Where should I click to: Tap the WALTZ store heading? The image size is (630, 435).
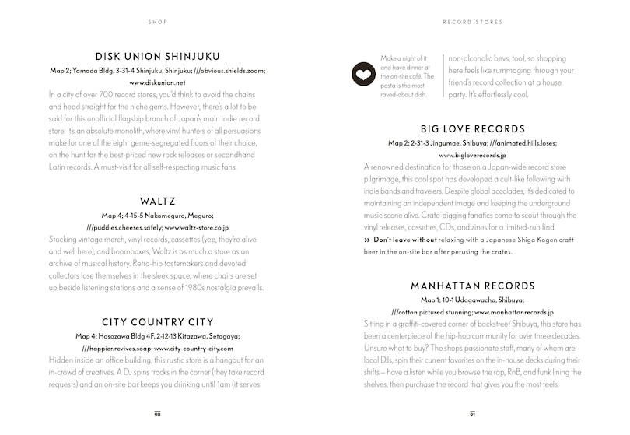click(158, 200)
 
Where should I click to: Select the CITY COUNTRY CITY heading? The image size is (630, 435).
click(158, 321)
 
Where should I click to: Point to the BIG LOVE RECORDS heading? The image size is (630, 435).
click(472, 129)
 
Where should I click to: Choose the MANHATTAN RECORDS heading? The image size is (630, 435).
click(472, 286)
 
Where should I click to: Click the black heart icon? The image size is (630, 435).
click(363, 76)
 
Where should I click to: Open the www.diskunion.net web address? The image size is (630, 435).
click(158, 82)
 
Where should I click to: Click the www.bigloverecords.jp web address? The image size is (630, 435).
click(472, 155)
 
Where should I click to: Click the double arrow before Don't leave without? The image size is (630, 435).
click(368, 241)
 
